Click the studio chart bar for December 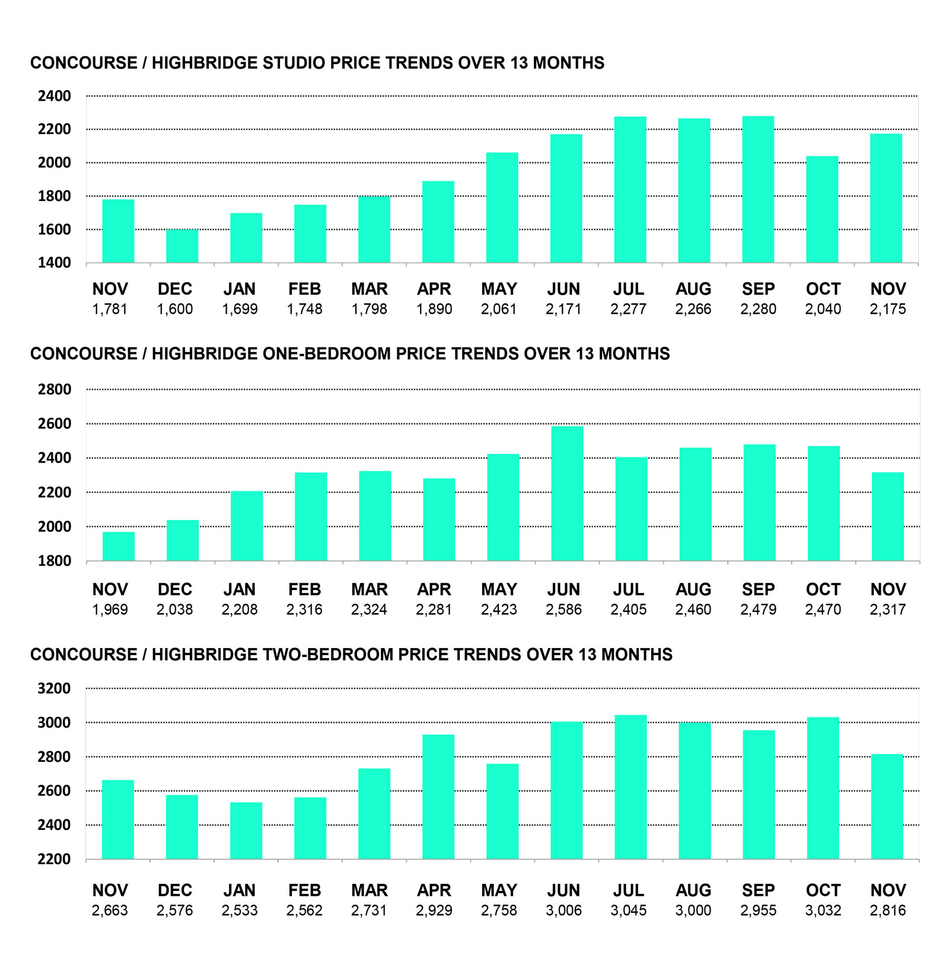point(182,246)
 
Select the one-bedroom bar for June point(567,493)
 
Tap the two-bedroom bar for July point(630,787)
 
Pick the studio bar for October point(822,209)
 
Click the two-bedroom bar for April point(438,796)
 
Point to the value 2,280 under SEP point(758,309)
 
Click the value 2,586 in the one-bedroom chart point(563,609)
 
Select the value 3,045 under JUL point(628,910)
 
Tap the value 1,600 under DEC point(175,309)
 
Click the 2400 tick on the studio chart point(55,96)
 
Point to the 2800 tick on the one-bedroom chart point(55,390)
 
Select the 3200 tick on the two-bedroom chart point(55,688)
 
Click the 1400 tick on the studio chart point(55,263)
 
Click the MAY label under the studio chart point(499,289)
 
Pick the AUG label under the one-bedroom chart point(693,590)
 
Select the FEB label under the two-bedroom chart point(304,890)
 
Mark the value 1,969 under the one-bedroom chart point(110,609)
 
